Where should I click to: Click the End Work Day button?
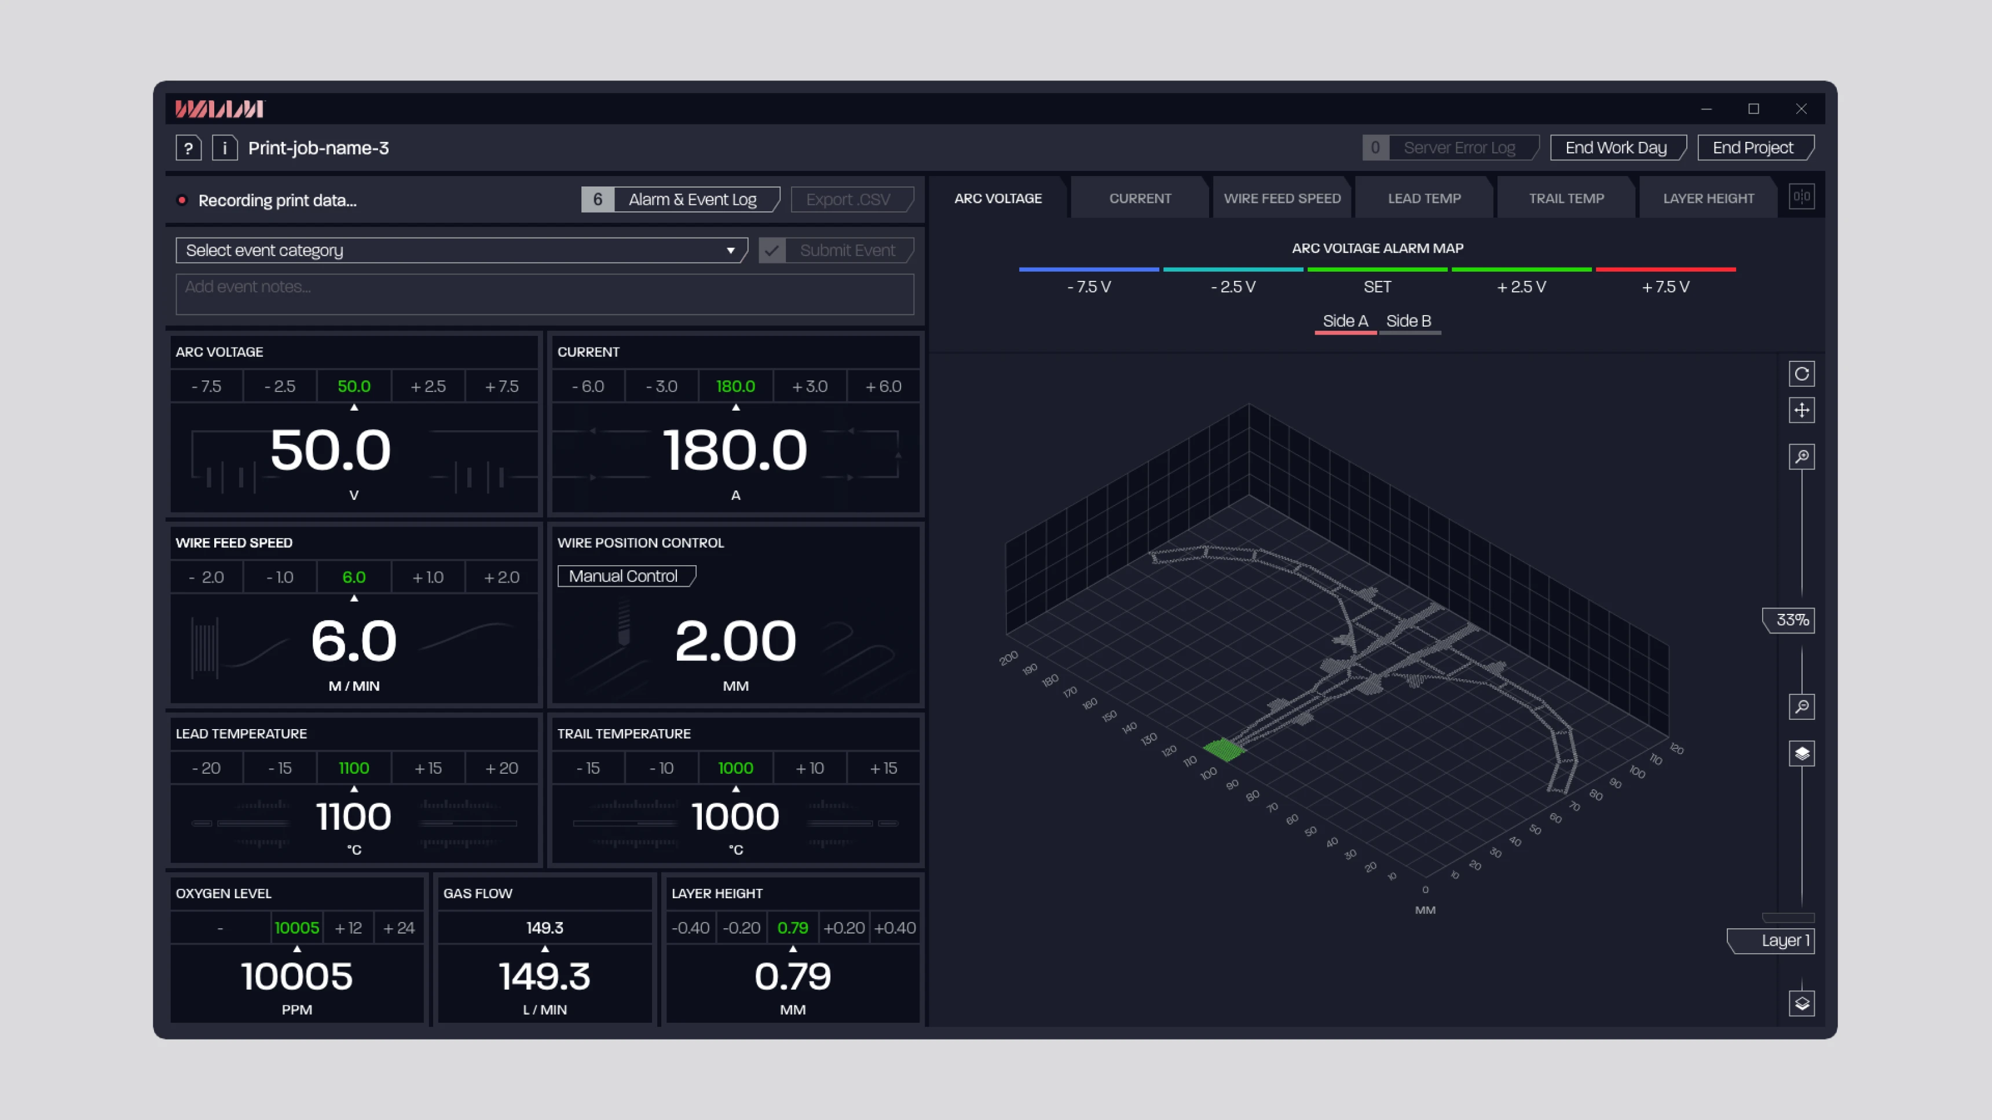point(1616,148)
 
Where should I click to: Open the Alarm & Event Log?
point(691,200)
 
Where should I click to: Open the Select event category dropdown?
point(461,250)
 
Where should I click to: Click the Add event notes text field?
point(544,294)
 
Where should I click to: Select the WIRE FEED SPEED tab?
point(1281,198)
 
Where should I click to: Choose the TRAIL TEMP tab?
point(1566,198)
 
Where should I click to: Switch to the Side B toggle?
point(1408,321)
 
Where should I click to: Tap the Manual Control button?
point(624,576)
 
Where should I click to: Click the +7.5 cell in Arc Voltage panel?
point(501,386)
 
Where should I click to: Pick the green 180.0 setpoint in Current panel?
point(735,386)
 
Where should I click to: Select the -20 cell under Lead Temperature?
point(206,768)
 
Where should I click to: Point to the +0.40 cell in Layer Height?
point(895,927)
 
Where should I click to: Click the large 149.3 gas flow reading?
point(544,976)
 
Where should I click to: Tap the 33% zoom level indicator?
point(1791,620)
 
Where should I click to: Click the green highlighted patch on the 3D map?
point(1224,749)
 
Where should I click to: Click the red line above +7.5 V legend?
point(1665,269)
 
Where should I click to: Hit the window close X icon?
point(1801,109)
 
